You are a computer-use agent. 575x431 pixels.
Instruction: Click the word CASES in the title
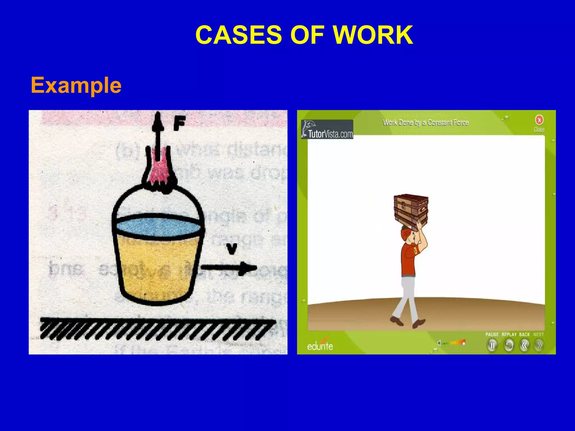[238, 35]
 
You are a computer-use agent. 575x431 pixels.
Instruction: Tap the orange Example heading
[76, 85]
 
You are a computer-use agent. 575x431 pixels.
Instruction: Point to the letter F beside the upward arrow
[179, 124]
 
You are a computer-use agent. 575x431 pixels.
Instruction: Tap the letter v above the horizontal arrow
[232, 249]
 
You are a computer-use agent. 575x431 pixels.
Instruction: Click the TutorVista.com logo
[327, 129]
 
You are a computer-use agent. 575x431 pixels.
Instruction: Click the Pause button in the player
[492, 345]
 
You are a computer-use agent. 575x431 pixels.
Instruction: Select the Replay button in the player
[509, 345]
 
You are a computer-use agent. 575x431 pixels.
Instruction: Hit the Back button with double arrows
[524, 345]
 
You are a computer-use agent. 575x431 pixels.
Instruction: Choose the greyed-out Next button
[539, 345]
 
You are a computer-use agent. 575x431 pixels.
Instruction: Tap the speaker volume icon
[439, 343]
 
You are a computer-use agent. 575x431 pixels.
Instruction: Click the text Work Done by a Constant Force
[426, 123]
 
